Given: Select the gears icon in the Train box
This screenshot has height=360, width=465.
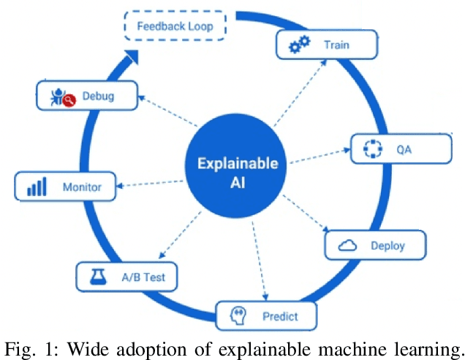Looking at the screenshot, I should [299, 45].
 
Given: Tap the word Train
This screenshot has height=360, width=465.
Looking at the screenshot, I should [337, 45].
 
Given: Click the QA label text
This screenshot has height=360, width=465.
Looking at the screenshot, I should [404, 149].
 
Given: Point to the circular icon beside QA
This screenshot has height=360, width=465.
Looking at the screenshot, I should [373, 149].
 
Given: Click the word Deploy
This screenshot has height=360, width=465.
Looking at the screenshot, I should [387, 246].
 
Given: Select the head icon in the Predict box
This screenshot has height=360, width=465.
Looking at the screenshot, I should [238, 316].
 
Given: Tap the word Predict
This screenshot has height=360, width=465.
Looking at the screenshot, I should [279, 317].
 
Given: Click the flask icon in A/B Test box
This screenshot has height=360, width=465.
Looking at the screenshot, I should [98, 277].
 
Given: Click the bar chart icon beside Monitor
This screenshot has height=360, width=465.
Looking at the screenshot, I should [37, 187].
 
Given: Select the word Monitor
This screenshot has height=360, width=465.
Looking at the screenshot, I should [81, 187].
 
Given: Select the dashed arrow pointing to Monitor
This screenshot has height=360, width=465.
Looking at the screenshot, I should [154, 182].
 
